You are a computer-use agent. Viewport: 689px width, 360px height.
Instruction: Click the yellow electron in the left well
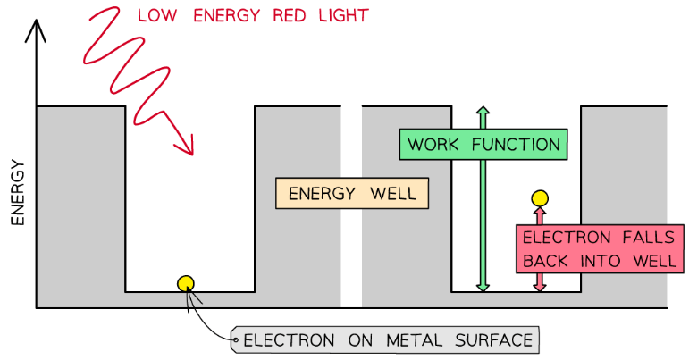coord(185,284)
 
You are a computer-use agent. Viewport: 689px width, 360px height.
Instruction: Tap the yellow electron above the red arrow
coord(539,198)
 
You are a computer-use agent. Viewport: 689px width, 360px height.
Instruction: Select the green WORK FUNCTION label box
coord(483,145)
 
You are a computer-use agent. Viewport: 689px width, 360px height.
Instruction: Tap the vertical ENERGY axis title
coord(17,192)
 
